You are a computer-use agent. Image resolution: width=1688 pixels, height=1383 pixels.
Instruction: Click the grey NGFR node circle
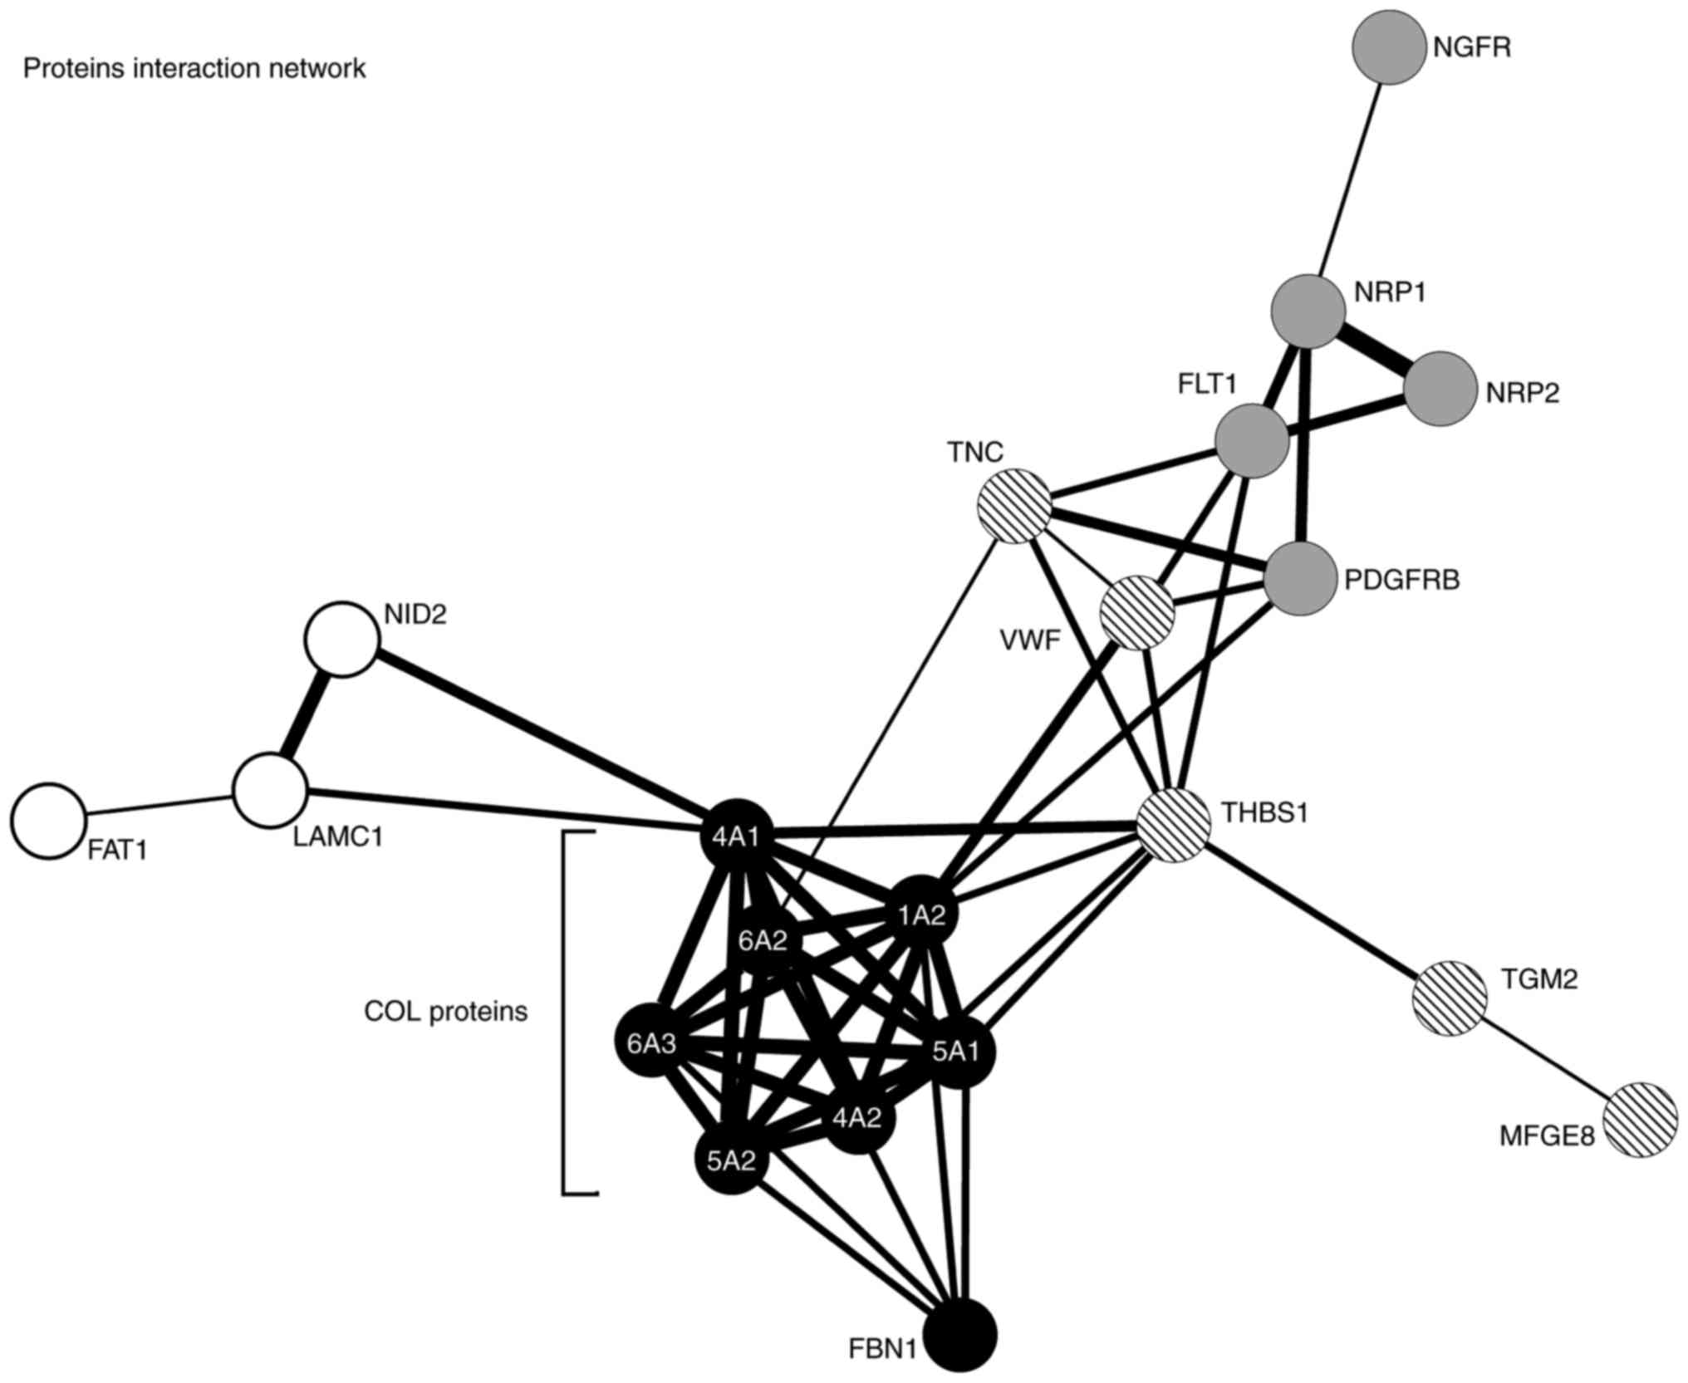1388,47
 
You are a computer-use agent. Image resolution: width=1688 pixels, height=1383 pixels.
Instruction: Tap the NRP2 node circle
1442,389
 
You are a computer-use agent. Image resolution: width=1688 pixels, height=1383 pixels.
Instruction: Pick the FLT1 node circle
1252,441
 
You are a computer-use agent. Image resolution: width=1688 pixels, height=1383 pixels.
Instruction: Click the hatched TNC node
1014,506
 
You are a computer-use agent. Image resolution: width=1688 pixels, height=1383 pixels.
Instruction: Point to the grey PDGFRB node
1303,579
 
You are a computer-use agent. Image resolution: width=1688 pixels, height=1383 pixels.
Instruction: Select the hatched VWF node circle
1137,612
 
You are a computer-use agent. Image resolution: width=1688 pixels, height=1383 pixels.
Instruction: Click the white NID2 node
341,639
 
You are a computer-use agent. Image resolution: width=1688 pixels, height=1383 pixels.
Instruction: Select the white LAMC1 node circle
270,791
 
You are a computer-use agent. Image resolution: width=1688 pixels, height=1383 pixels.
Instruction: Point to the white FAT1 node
49,820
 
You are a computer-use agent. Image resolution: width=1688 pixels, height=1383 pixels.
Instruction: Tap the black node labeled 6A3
651,1043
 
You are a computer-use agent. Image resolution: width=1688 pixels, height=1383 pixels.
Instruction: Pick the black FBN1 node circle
961,1336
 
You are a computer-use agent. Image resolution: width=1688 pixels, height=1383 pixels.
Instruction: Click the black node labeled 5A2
731,1160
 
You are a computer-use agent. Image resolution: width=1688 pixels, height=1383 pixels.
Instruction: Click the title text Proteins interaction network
194,68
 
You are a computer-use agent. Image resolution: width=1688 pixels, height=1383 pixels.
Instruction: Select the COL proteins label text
446,1011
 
